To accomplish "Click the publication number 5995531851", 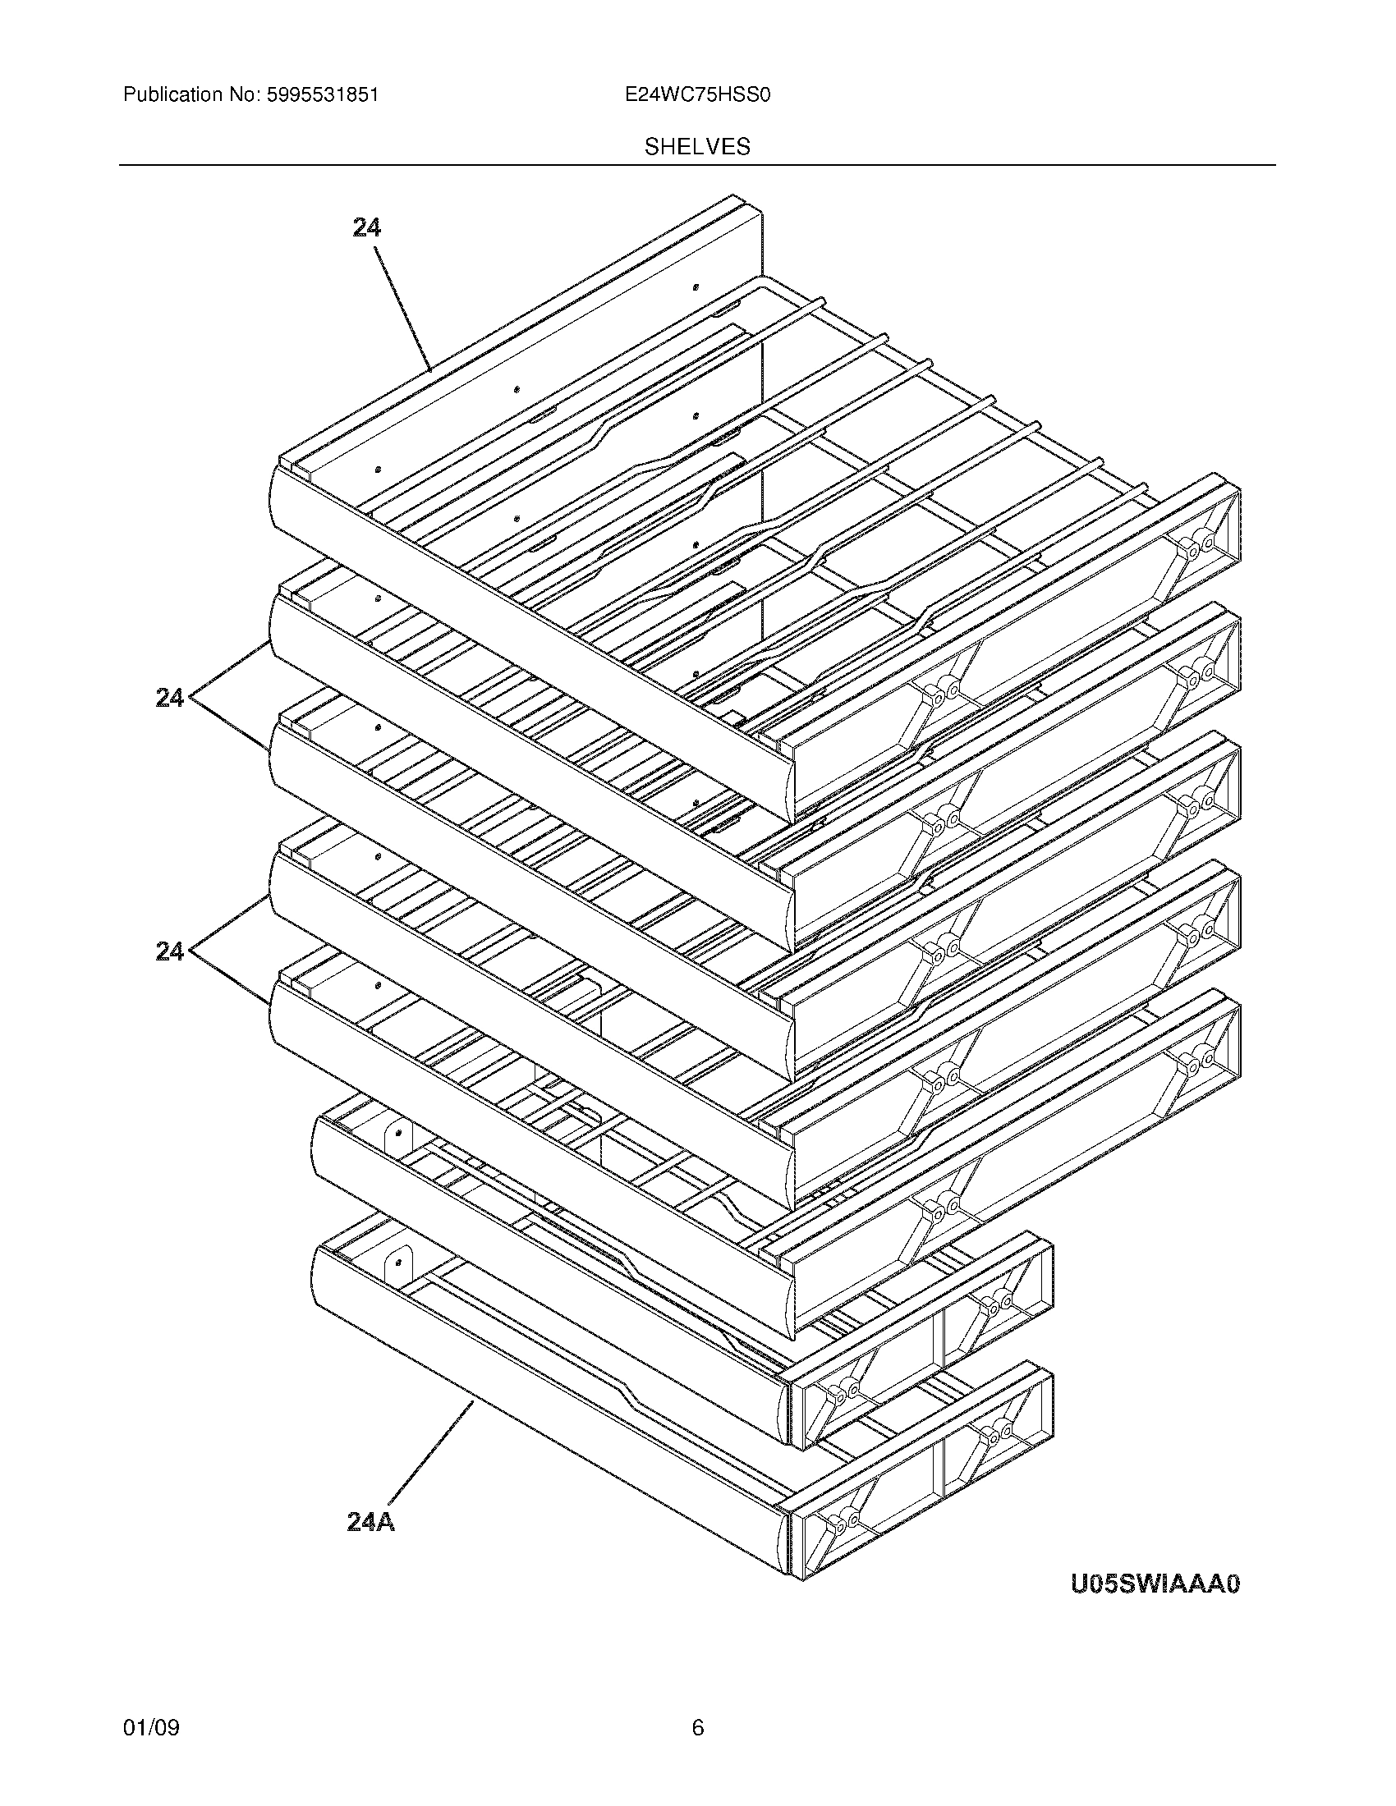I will click(322, 95).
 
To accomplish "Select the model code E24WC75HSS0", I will click(697, 95).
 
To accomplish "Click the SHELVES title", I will click(697, 147).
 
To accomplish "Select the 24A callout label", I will click(370, 1521).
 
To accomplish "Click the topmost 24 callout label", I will click(366, 227).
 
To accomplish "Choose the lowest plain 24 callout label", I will click(169, 952).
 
